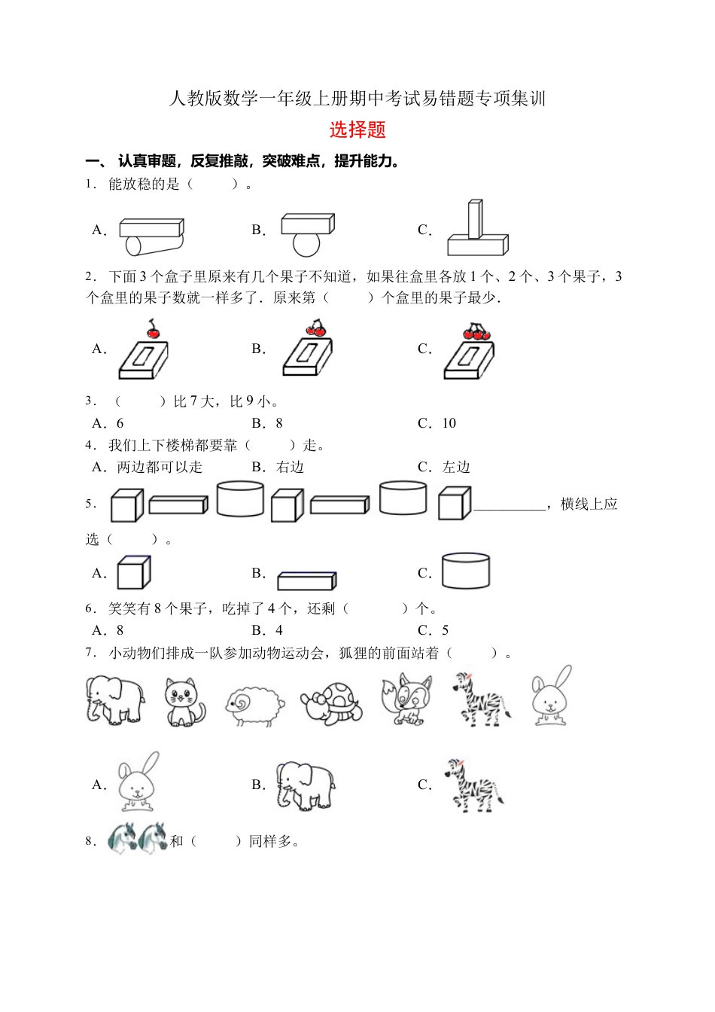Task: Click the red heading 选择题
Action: (x=357, y=130)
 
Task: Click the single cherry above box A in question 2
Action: (x=153, y=330)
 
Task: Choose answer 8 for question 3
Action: (x=278, y=423)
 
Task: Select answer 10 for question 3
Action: (x=449, y=423)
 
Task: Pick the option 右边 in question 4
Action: (x=289, y=467)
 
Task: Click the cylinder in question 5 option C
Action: (x=466, y=571)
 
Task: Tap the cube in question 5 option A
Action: (x=134, y=572)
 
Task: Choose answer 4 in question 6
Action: (x=278, y=630)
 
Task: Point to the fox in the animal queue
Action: (x=407, y=700)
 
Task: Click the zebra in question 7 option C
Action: (x=473, y=785)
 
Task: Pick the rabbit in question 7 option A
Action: (x=138, y=783)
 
